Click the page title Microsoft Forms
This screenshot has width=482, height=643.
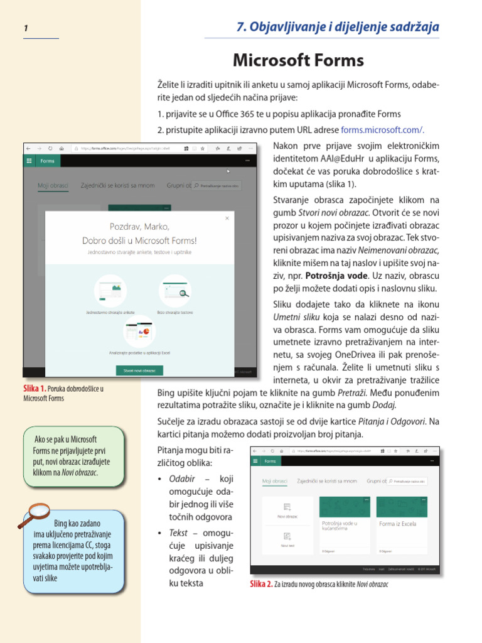pyautogui.click(x=298, y=60)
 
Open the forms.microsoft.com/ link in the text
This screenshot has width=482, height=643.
pyautogui.click(x=382, y=130)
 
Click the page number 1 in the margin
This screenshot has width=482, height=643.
pyautogui.click(x=26, y=28)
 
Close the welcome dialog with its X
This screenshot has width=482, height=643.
pyautogui.click(x=227, y=219)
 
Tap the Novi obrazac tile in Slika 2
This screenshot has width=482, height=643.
pyautogui.click(x=287, y=510)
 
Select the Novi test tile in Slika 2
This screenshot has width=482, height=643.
pyautogui.click(x=287, y=539)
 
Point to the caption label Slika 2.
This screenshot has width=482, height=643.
pyautogui.click(x=261, y=584)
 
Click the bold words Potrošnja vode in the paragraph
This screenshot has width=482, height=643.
pyautogui.click(x=345, y=275)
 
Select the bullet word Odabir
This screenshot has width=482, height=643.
pyautogui.click(x=182, y=479)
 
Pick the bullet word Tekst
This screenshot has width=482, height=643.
pyautogui.click(x=178, y=532)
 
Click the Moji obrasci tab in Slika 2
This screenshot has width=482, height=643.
pyautogui.click(x=274, y=481)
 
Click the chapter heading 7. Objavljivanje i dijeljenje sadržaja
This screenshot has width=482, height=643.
pyautogui.click(x=337, y=27)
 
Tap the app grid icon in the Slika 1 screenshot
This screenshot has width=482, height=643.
pyautogui.click(x=29, y=161)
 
